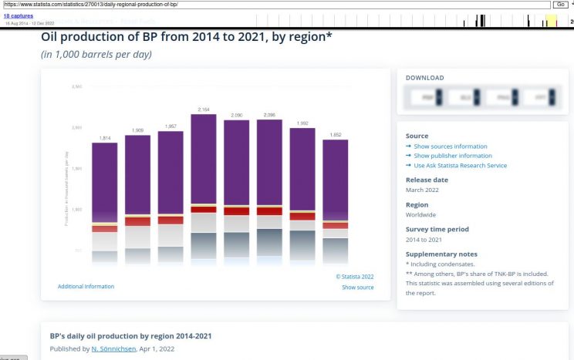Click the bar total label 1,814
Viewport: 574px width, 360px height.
105,138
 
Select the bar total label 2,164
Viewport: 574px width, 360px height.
204,109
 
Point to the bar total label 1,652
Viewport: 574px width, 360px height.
335,135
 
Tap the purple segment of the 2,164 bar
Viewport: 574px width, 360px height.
204,158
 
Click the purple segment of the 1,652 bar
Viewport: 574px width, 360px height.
335,179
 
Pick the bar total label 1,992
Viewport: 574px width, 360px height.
302,123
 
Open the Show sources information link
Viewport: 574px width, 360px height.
450,146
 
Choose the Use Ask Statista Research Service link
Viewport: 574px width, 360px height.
460,165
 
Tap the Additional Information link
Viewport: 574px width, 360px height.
86,287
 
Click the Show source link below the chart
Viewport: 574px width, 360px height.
358,288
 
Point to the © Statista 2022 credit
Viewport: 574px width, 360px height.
355,276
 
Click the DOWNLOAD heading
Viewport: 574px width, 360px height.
425,78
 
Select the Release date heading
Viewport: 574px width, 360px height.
427,180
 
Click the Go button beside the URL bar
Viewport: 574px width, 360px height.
560,5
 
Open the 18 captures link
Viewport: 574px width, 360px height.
18,15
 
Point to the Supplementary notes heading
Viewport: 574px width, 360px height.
441,254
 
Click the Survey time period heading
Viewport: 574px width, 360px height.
437,229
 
